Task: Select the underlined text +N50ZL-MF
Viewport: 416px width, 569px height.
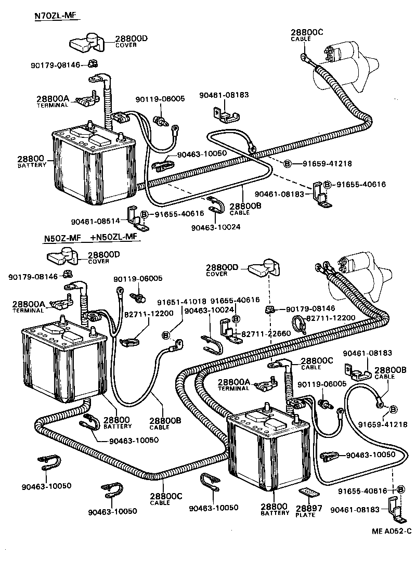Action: (x=113, y=238)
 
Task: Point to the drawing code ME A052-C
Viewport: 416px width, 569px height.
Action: (x=392, y=531)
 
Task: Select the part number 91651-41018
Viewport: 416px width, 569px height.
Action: (x=182, y=301)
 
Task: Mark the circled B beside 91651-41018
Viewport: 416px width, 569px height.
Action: (x=167, y=334)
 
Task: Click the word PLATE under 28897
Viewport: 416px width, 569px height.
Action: (x=305, y=515)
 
